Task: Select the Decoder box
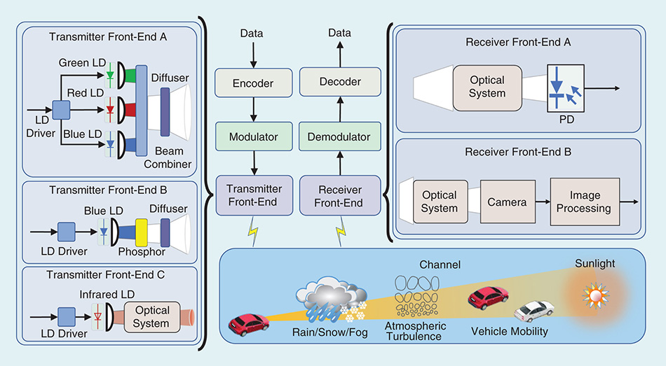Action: pos(341,82)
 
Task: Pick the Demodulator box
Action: pos(341,137)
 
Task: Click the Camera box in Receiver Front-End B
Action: pos(508,202)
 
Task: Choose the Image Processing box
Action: pos(585,202)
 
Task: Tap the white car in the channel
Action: pos(534,311)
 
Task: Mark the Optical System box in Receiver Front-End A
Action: pos(488,88)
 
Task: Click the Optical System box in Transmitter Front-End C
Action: pos(151,316)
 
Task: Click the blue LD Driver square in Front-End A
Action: pos(62,110)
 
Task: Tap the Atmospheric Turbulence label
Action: pos(414,331)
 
